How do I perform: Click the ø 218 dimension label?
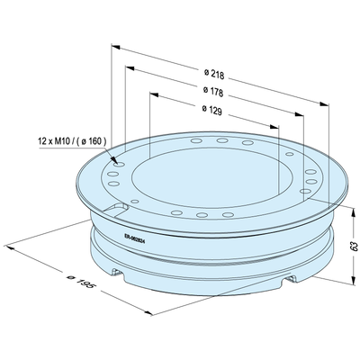[x=214, y=74]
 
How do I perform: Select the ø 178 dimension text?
[x=213, y=92]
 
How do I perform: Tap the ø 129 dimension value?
[x=212, y=110]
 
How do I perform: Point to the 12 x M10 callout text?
[x=72, y=140]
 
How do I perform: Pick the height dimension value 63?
[x=355, y=246]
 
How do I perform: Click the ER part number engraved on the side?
[x=135, y=239]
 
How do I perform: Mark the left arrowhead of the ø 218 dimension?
[x=116, y=47]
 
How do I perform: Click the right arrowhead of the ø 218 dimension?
[x=324, y=104]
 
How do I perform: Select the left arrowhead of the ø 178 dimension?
[x=130, y=68]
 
